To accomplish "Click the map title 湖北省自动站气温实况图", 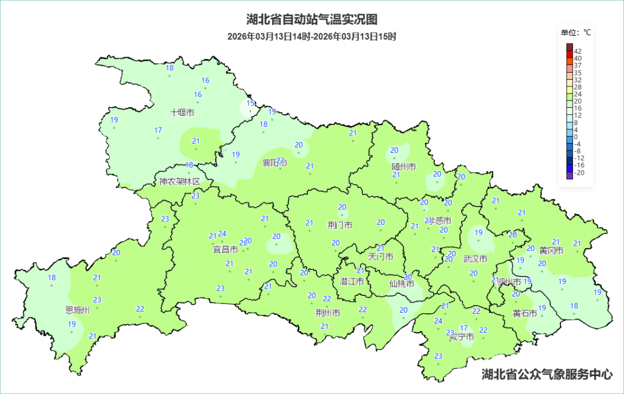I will [311, 20].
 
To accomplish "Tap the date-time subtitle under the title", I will [311, 36].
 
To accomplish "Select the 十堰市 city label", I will [183, 112].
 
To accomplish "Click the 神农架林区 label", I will [179, 182].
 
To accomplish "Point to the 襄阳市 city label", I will [274, 163].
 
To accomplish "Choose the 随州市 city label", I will [404, 167].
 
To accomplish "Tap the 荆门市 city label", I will [340, 225].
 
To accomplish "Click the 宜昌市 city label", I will [225, 250].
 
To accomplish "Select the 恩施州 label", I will [78, 310].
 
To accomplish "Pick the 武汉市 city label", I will [475, 258].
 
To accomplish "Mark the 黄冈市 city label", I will [551, 250].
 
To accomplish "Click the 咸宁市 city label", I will [462, 336].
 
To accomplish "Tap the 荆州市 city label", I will [328, 313].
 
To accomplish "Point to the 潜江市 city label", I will [352, 282].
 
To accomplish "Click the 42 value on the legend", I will [578, 51].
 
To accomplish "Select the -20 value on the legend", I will [579, 172].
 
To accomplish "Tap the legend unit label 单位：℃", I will [576, 32].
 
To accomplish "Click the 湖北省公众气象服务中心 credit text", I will [547, 374].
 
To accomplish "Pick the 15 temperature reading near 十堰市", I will [251, 103].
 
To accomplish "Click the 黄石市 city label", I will [525, 313].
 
